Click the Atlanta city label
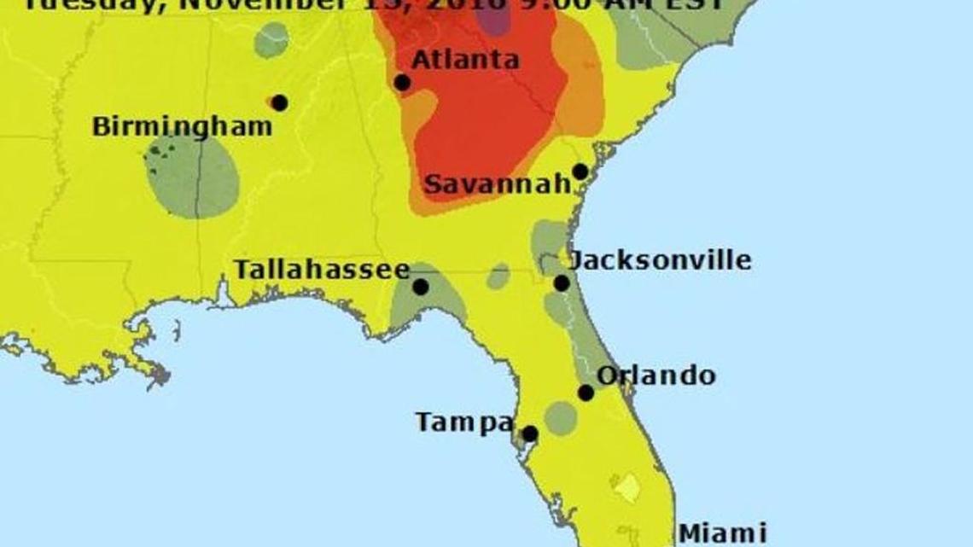[464, 60]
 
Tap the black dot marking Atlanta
[402, 83]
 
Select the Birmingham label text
[182, 127]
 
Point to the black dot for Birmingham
[279, 102]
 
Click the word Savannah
[497, 184]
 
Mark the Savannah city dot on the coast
[580, 172]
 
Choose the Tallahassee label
[322, 270]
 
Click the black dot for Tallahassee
[421, 287]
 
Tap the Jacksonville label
[660, 259]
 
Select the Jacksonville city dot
[562, 283]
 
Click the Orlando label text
[655, 375]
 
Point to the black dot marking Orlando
[586, 393]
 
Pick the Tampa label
[464, 422]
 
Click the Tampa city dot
[529, 434]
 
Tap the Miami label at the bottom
[721, 534]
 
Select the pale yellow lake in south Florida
[627, 488]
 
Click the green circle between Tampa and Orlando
[561, 418]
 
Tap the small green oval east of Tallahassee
[498, 276]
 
